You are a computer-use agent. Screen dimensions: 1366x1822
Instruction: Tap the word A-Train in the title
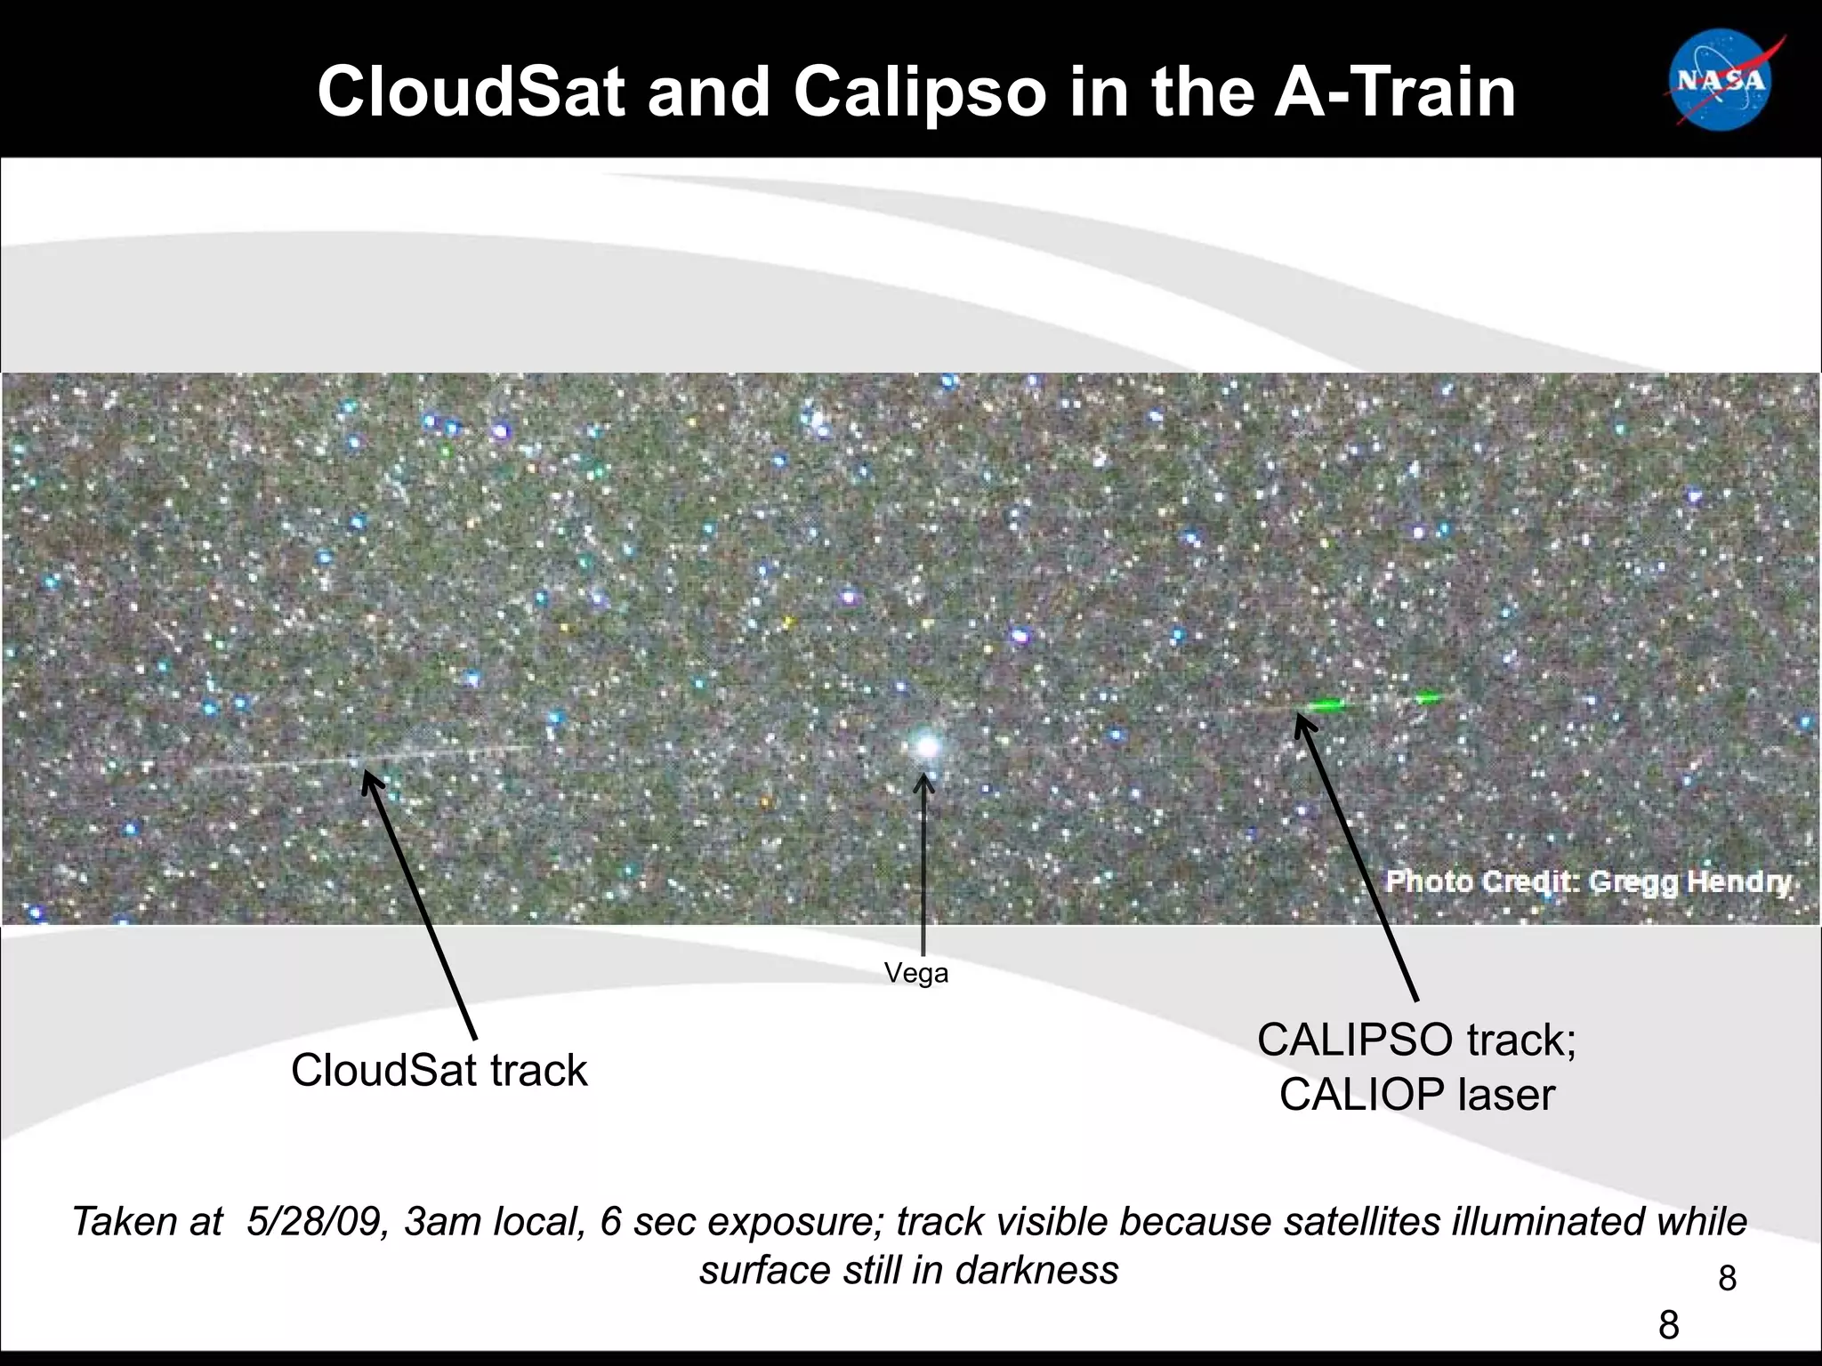click(1395, 92)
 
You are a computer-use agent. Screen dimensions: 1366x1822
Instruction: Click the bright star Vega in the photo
click(926, 745)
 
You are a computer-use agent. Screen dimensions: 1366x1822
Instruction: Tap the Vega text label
click(916, 973)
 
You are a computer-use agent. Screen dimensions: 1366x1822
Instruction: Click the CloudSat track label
click(439, 1070)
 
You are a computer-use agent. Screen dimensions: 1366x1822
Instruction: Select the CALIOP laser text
click(1416, 1094)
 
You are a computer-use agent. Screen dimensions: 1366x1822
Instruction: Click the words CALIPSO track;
click(1416, 1040)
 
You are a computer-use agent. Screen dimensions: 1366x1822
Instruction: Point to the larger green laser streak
click(1326, 705)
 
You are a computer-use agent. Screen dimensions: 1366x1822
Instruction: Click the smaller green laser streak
click(1428, 698)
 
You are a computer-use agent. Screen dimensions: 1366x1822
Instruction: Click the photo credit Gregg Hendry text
click(1589, 881)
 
